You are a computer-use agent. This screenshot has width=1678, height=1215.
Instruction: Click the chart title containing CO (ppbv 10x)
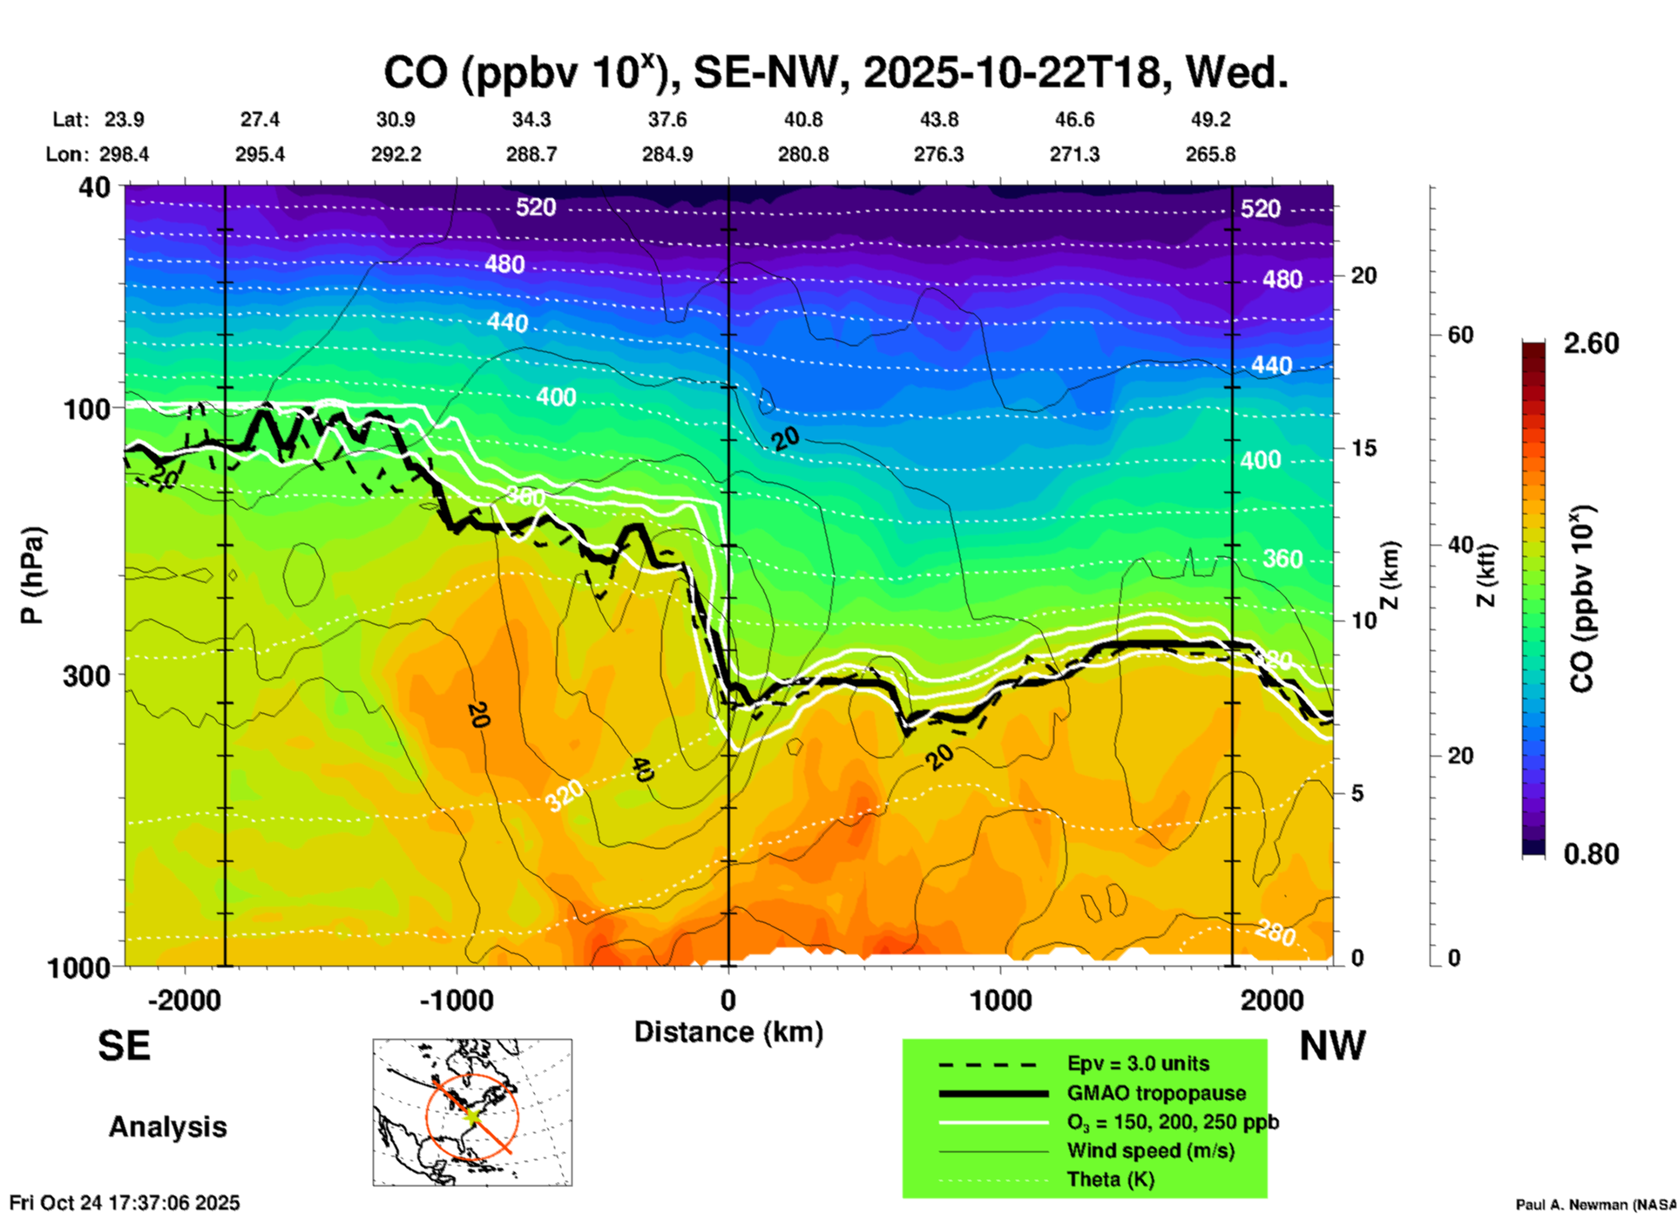(835, 73)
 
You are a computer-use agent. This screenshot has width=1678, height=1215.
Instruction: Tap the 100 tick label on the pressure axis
(87, 409)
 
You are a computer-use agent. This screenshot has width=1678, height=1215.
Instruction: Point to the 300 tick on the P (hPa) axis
(87, 675)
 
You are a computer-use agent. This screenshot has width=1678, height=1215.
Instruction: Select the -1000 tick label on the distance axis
(457, 1000)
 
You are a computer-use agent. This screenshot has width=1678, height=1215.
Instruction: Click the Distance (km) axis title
(728, 1032)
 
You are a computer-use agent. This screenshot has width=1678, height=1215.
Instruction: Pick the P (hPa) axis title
(32, 574)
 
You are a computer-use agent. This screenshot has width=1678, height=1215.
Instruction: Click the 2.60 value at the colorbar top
(1591, 343)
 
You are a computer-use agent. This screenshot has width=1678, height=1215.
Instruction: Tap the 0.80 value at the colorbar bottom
(1591, 853)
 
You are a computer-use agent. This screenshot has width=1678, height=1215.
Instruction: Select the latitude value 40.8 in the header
(802, 119)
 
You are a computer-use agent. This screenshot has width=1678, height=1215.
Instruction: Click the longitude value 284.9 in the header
(667, 154)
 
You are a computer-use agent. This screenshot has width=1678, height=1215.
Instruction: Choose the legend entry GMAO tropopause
(1156, 1093)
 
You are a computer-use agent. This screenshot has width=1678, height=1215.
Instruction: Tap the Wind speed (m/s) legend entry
(1150, 1151)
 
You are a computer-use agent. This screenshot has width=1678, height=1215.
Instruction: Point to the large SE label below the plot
(125, 1046)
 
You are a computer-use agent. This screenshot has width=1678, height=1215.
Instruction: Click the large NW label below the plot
(1332, 1046)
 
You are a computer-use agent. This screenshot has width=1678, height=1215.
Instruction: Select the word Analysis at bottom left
(167, 1127)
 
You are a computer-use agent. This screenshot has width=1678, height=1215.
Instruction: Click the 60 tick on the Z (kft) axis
(1460, 336)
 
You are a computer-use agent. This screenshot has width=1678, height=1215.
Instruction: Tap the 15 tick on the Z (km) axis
(1363, 448)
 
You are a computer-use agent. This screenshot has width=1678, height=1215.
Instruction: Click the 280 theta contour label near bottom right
(1275, 934)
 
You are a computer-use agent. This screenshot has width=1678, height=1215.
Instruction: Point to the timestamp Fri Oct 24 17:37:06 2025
(125, 1203)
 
